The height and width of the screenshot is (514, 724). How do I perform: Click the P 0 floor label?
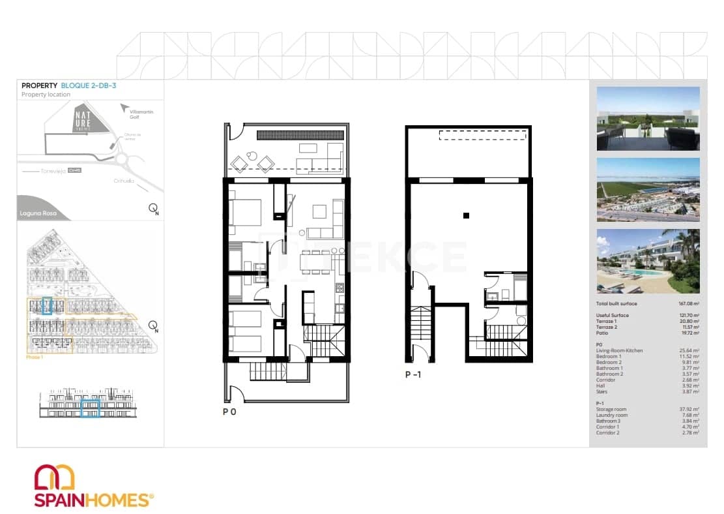(229, 412)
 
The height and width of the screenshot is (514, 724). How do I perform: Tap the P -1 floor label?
(414, 374)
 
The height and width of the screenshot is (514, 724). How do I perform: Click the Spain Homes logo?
(93, 486)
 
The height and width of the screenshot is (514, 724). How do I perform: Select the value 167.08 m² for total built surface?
(688, 304)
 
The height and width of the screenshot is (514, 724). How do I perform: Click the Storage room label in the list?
(611, 410)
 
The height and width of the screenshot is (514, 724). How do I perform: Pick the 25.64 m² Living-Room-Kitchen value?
(689, 351)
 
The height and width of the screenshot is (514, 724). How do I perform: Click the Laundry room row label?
(611, 416)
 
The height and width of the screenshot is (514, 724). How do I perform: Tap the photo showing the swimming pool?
(648, 260)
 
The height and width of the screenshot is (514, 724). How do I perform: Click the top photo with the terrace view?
(648, 119)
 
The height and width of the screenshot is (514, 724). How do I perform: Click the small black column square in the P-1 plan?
(466, 215)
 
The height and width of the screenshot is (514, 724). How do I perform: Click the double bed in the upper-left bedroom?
(245, 211)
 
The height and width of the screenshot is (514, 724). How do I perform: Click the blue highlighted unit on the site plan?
(46, 305)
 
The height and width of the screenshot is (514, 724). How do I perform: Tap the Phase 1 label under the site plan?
(34, 357)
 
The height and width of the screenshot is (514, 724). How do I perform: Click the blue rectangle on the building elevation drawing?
(90, 408)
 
